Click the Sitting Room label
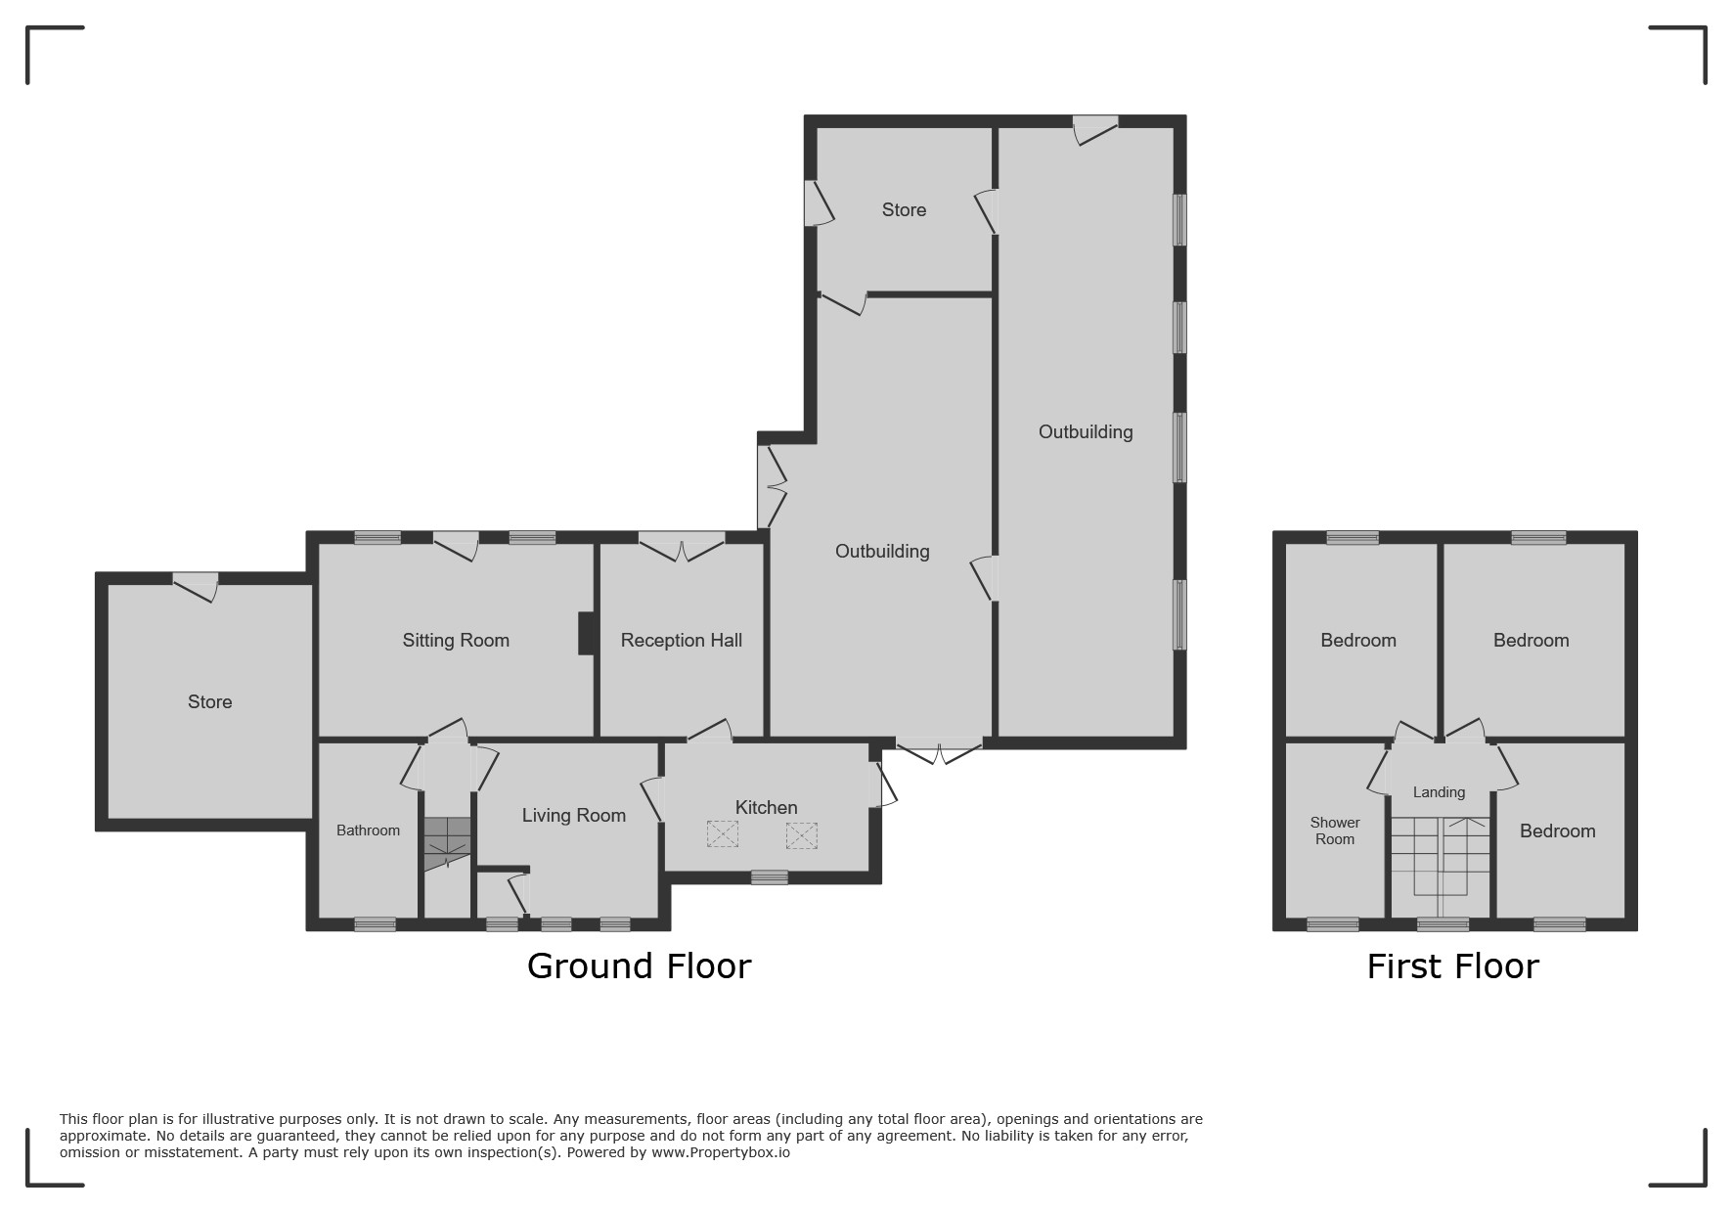456,641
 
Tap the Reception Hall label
682,641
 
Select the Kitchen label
767,807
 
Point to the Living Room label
574,816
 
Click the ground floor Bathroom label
368,830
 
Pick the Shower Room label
1335,830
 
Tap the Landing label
1439,792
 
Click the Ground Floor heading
639,966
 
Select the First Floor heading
1452,966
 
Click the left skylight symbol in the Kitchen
723,834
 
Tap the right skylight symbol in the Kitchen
801,835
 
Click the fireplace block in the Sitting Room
587,633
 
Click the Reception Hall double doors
682,546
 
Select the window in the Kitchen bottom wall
770,877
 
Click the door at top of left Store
196,585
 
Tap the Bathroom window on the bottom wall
375,923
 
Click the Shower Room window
1333,924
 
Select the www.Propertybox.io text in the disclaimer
721,1152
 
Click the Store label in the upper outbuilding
904,210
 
